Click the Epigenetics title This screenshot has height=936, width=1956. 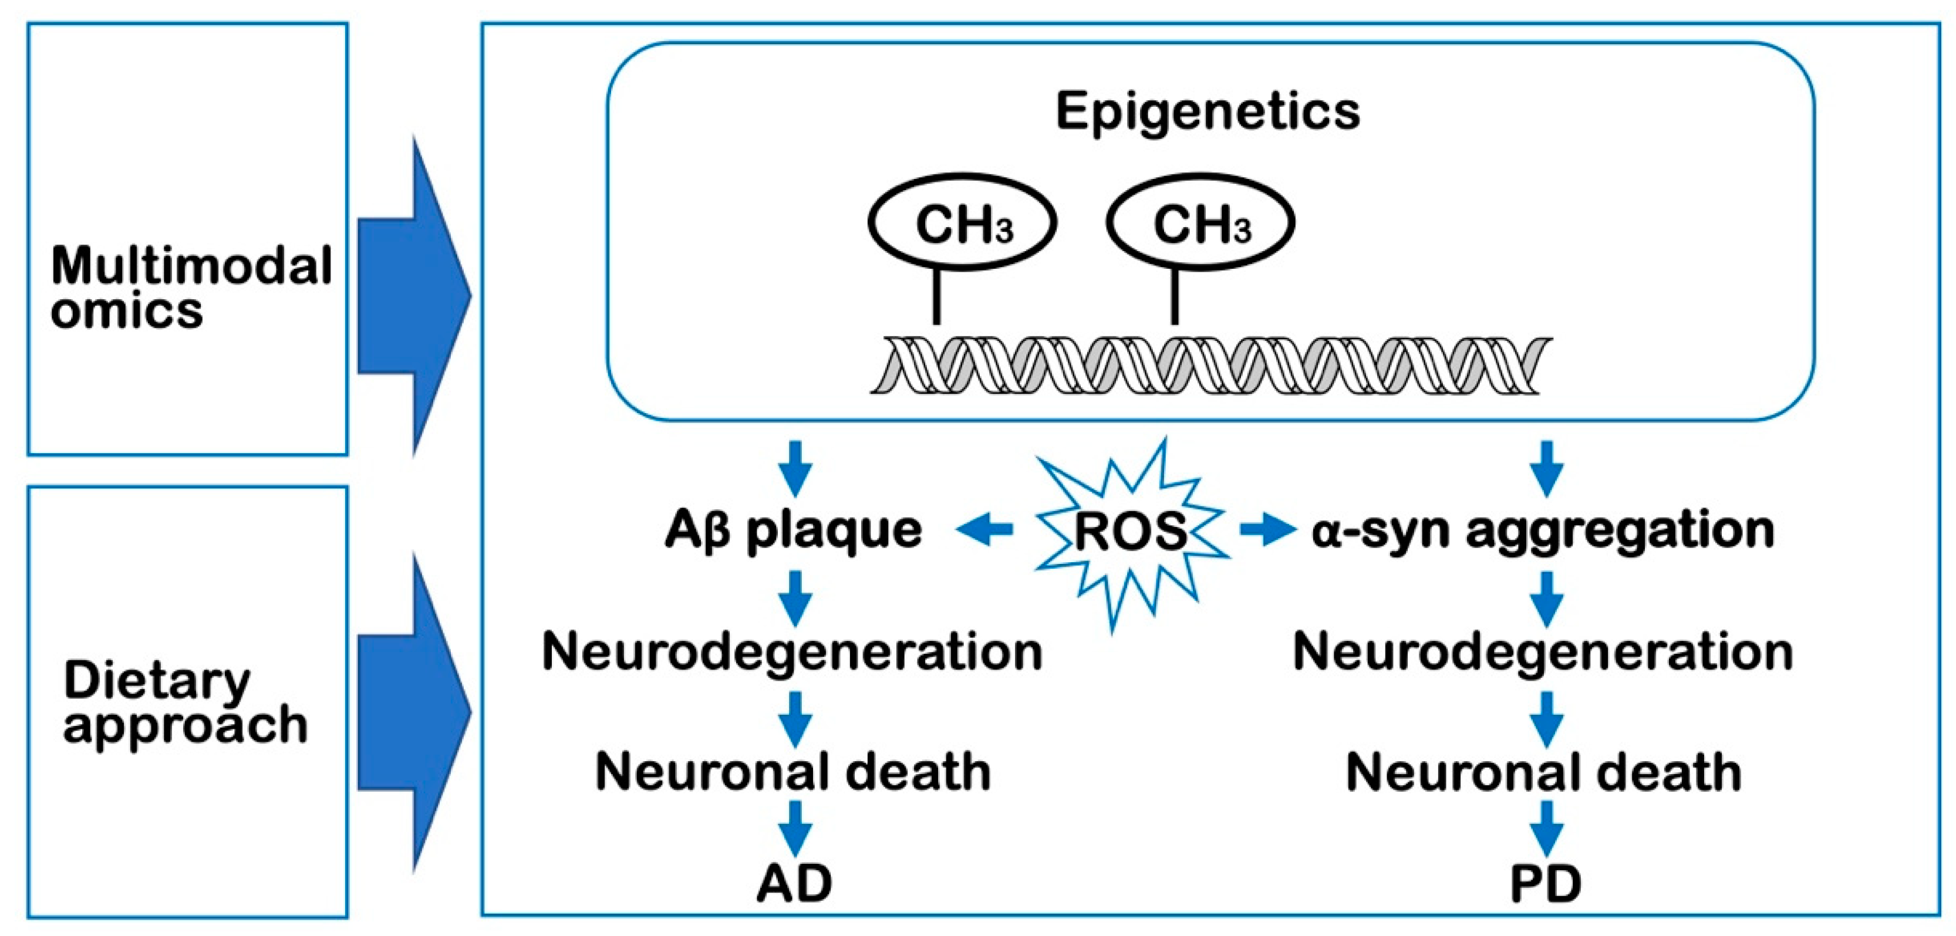click(x=1208, y=112)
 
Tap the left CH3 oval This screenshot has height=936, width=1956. click(x=962, y=222)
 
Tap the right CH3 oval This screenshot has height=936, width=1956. click(x=1200, y=222)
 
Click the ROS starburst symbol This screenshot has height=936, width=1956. click(x=1131, y=532)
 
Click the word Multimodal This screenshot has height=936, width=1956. click(x=191, y=266)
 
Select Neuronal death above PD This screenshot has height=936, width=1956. click(x=1544, y=772)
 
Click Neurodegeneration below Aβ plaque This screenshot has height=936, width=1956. click(x=792, y=651)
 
